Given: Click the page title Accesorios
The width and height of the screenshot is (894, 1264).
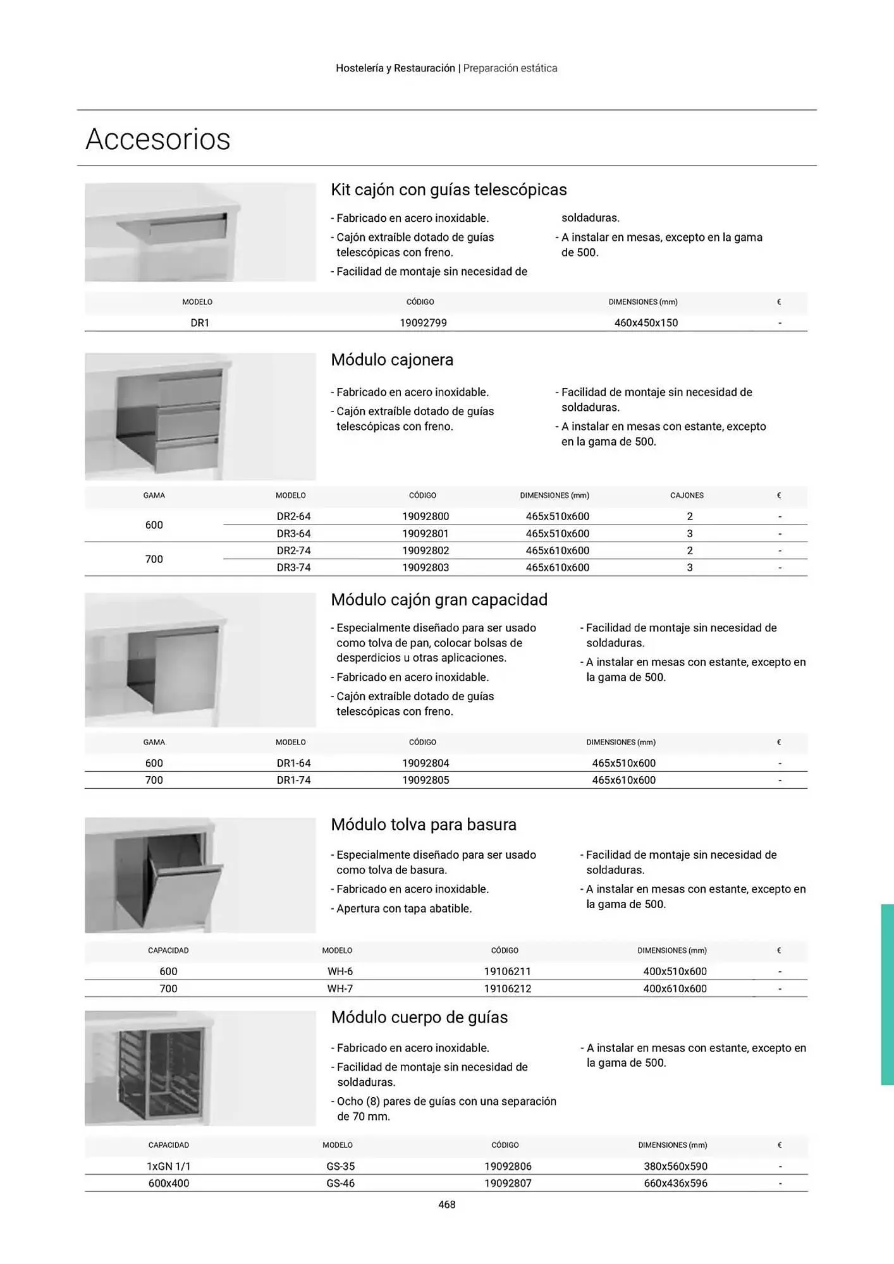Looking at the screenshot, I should tap(158, 139).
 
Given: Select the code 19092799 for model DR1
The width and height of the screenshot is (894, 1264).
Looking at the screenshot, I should tap(423, 323).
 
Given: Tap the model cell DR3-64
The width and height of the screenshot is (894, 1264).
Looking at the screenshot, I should tap(293, 533).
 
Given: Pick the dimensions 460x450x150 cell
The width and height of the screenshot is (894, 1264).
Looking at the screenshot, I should tap(646, 323).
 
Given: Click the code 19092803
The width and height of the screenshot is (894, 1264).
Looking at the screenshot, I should tap(426, 568).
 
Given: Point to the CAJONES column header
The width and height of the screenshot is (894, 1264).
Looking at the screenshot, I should tap(687, 495).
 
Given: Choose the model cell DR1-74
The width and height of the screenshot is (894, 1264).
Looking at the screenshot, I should tap(293, 780).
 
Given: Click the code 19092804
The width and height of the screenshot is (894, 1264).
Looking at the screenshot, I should tap(426, 763).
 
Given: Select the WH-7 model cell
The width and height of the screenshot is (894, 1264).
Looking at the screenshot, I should tap(340, 988).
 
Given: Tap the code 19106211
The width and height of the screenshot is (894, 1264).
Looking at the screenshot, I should tap(507, 971).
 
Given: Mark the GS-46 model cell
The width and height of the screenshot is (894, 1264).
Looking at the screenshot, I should tap(340, 1183).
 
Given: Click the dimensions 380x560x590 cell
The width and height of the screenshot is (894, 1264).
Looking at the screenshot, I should tap(675, 1166).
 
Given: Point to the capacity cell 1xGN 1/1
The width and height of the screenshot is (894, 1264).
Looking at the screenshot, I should tap(168, 1166).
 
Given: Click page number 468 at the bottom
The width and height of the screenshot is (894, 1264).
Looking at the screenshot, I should tap(447, 1205).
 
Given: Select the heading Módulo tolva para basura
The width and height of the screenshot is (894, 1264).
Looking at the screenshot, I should tap(424, 825).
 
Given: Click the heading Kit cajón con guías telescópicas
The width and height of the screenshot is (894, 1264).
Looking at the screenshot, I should tap(449, 190).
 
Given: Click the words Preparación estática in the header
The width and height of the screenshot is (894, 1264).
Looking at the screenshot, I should tap(510, 68).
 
